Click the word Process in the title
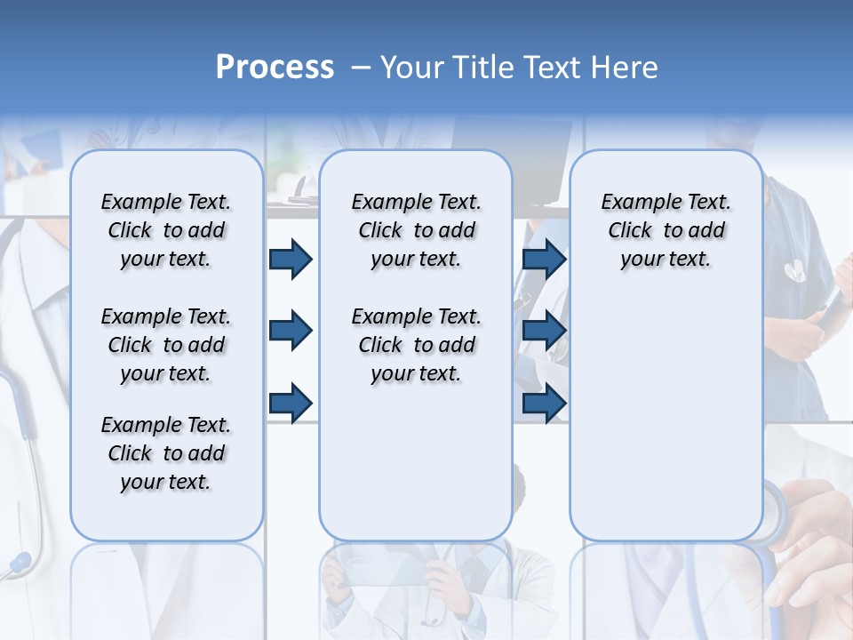click(275, 67)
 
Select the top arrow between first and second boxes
click(291, 259)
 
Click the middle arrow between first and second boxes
click(291, 331)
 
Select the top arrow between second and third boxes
click(544, 259)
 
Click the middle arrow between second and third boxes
click(544, 331)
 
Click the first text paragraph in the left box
click(166, 230)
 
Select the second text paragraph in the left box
click(166, 345)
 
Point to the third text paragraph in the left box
click(166, 453)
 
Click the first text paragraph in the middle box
click(417, 230)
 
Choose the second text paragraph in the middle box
click(417, 345)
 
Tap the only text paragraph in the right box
click(666, 230)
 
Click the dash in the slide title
click(361, 68)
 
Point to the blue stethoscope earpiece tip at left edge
click(19, 563)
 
